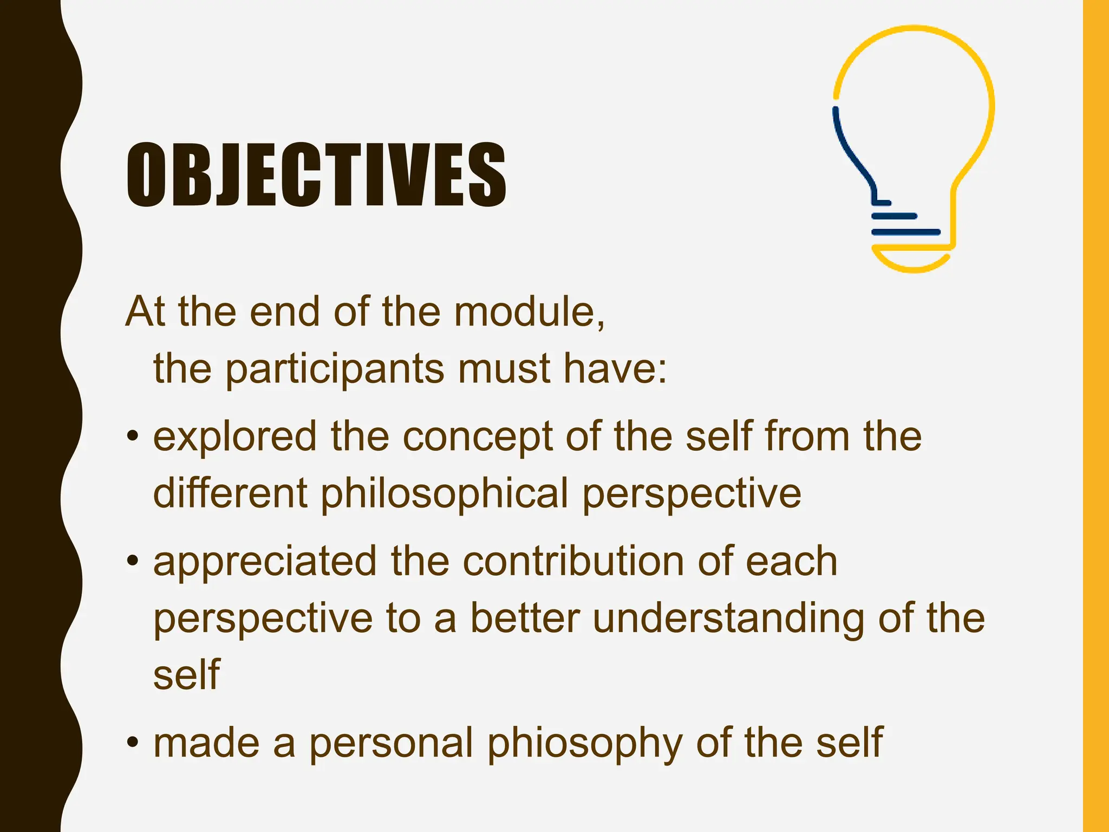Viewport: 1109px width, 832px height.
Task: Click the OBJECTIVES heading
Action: [317, 174]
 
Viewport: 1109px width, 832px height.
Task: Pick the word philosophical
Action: [444, 494]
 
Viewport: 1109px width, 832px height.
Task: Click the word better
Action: [525, 619]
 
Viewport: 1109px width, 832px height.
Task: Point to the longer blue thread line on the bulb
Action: [905, 232]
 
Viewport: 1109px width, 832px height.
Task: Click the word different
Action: [230, 494]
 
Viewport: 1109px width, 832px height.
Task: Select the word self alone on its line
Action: [186, 675]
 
